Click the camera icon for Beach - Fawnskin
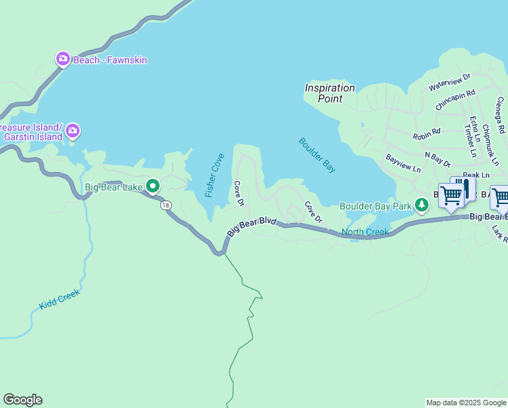coord(63,60)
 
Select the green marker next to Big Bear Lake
coord(153,186)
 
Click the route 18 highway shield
coord(165,205)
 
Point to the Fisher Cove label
coord(215,175)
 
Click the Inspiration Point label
coord(329,93)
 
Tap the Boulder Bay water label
coord(317,154)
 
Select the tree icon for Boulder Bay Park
coord(422,205)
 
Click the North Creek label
coord(365,233)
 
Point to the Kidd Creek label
coord(60,299)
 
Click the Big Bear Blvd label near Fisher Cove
coord(252,226)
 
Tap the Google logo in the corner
coord(22,400)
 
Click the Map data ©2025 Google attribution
coord(466,403)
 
